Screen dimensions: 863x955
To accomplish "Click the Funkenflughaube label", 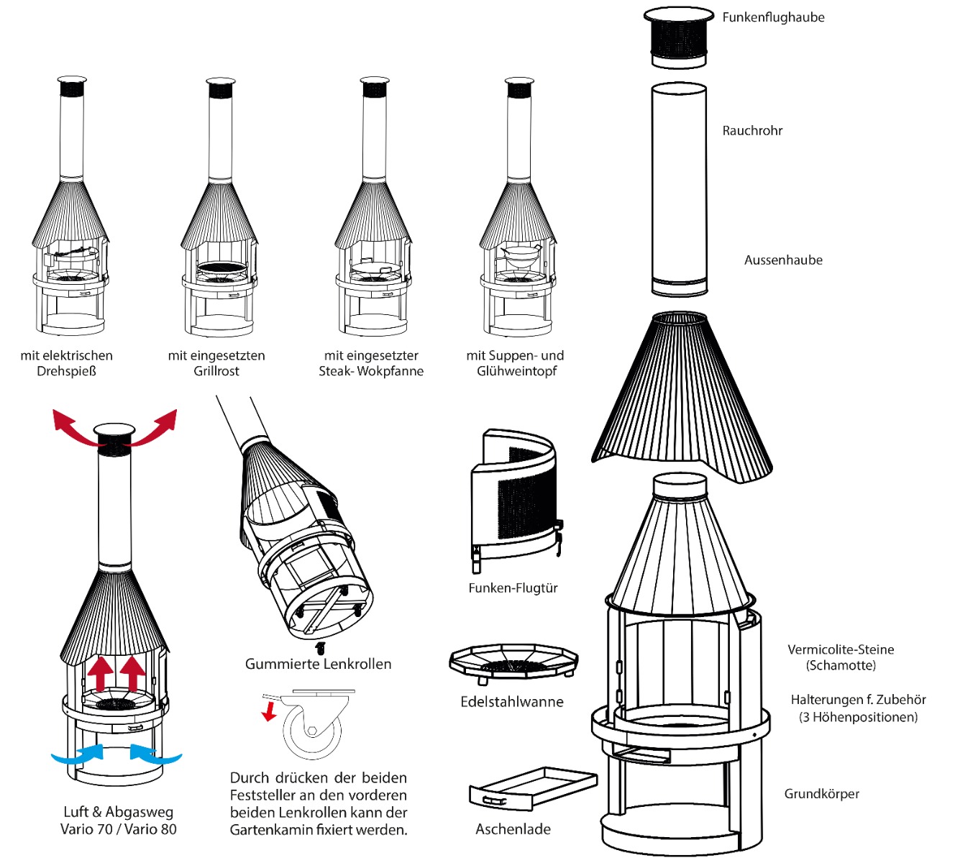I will [773, 17].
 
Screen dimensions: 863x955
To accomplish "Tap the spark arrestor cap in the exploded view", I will [678, 37].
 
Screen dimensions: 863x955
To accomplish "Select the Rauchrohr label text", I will [752, 131].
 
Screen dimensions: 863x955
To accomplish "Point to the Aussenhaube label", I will [783, 260].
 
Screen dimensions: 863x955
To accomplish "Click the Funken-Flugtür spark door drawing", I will [515, 496].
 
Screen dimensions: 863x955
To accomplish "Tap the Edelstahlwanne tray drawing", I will [513, 663].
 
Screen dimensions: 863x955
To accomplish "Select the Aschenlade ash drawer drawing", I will [532, 789].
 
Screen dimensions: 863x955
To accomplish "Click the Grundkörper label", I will [821, 794].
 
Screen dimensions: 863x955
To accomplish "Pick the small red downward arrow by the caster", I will [270, 711].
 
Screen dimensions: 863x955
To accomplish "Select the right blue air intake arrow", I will [155, 754].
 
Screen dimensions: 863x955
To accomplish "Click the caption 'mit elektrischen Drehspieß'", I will [66, 363].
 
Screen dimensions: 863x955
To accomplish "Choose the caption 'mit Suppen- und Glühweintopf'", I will [515, 363].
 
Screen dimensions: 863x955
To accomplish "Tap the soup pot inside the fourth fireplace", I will [521, 252].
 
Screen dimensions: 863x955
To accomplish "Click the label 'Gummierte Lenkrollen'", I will [318, 664].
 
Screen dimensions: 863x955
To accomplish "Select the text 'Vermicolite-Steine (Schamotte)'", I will [841, 657].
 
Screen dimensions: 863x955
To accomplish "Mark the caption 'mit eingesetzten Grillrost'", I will [216, 363].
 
